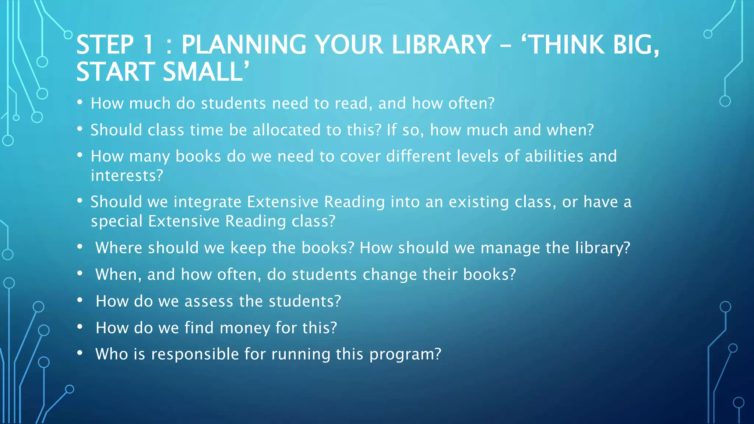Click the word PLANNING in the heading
[243, 45]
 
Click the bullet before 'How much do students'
[80, 103]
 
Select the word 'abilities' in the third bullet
[554, 156]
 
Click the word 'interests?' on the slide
[127, 176]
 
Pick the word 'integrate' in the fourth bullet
[207, 202]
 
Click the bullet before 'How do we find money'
[80, 327]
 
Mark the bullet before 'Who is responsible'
[80, 353]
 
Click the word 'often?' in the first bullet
[471, 103]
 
